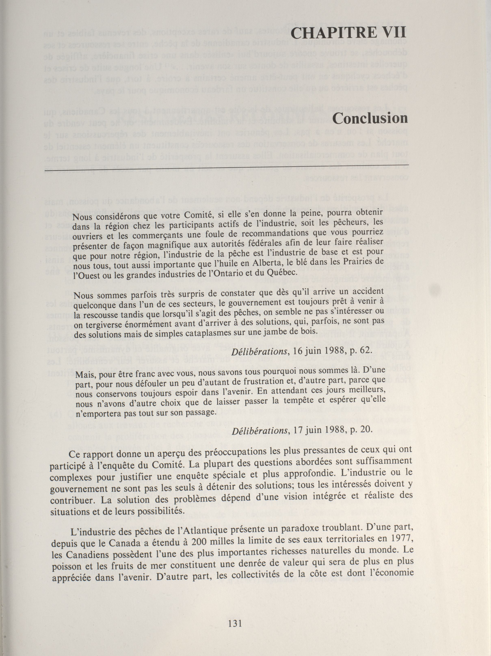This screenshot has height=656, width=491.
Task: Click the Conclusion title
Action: (370, 118)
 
